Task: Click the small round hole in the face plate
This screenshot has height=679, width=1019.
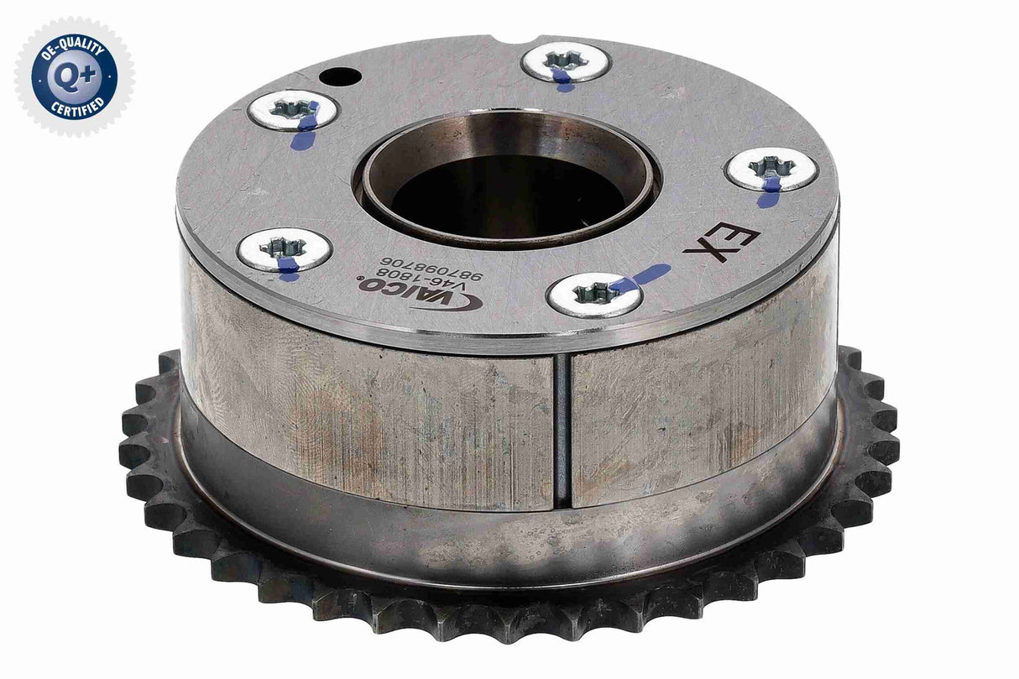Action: pyautogui.click(x=338, y=77)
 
